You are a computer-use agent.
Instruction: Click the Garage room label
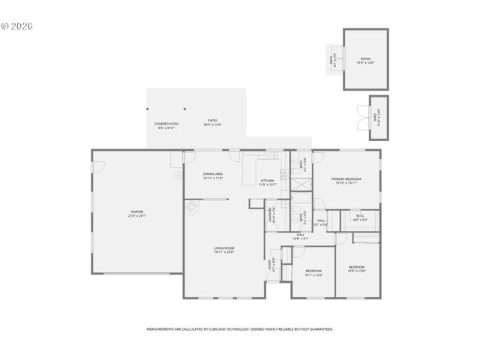(x=137, y=214)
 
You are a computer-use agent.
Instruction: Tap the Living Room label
(x=224, y=250)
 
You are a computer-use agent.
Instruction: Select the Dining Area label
(x=213, y=175)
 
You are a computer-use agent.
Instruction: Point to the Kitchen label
(x=268, y=182)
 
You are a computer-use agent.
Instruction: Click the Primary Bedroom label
(x=346, y=181)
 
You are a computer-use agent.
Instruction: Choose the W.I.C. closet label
(x=360, y=218)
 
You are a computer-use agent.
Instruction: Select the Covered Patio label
(x=166, y=126)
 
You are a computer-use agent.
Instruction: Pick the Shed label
(x=377, y=116)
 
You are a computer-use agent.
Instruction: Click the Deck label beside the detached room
(x=331, y=60)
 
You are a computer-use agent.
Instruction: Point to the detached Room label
(x=365, y=61)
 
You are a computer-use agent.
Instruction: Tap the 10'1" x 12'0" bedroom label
(x=313, y=272)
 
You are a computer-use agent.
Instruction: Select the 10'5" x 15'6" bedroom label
(x=356, y=268)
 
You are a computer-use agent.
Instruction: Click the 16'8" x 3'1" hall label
(x=300, y=237)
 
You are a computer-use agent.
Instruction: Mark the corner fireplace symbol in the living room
(x=192, y=208)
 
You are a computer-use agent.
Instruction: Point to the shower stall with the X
(x=356, y=238)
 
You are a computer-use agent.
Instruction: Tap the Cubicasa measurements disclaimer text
(x=240, y=329)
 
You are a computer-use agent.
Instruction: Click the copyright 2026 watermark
(x=16, y=25)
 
